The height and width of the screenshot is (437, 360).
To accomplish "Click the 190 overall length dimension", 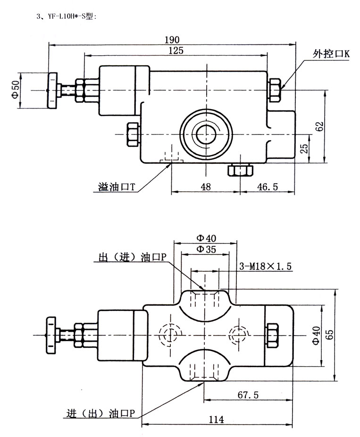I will pyautogui.click(x=173, y=40).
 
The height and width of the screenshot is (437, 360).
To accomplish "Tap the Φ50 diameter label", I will pyautogui.click(x=15, y=90).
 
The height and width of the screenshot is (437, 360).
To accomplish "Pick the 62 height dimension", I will pyautogui.click(x=319, y=126).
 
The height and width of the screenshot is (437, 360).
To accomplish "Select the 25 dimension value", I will pyautogui.click(x=304, y=149).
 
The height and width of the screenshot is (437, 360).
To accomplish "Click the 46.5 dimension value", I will pyautogui.click(x=267, y=187).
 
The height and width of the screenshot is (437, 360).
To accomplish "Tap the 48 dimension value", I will pyautogui.click(x=205, y=187).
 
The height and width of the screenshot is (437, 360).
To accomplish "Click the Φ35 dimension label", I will pyautogui.click(x=206, y=249).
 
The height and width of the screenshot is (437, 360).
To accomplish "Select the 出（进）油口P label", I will pyautogui.click(x=132, y=257).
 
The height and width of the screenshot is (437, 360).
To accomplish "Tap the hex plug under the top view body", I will pyautogui.click(x=239, y=170).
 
